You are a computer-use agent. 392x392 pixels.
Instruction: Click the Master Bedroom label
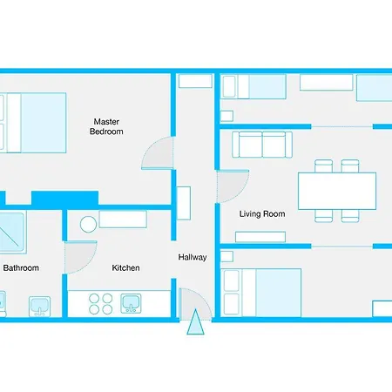pyautogui.click(x=106, y=126)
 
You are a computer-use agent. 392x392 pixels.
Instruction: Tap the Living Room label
pyautogui.click(x=262, y=213)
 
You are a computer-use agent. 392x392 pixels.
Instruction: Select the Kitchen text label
pyautogui.click(x=125, y=267)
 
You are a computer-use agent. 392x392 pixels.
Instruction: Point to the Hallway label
pyautogui.click(x=193, y=257)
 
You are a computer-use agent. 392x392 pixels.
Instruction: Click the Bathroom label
pyautogui.click(x=21, y=267)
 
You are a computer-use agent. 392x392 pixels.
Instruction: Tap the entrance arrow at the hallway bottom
pyautogui.click(x=194, y=323)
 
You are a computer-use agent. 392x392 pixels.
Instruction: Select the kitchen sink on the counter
pyautogui.click(x=131, y=303)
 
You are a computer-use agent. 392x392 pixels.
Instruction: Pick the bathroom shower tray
pyautogui.click(x=12, y=230)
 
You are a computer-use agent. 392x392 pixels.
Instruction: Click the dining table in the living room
pyautogui.click(x=336, y=190)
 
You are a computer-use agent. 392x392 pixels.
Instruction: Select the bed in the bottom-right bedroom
pyautogui.click(x=261, y=292)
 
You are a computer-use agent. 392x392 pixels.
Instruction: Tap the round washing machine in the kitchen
pyautogui.click(x=88, y=225)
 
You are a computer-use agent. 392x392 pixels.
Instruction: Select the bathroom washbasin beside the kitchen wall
pyautogui.click(x=39, y=305)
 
